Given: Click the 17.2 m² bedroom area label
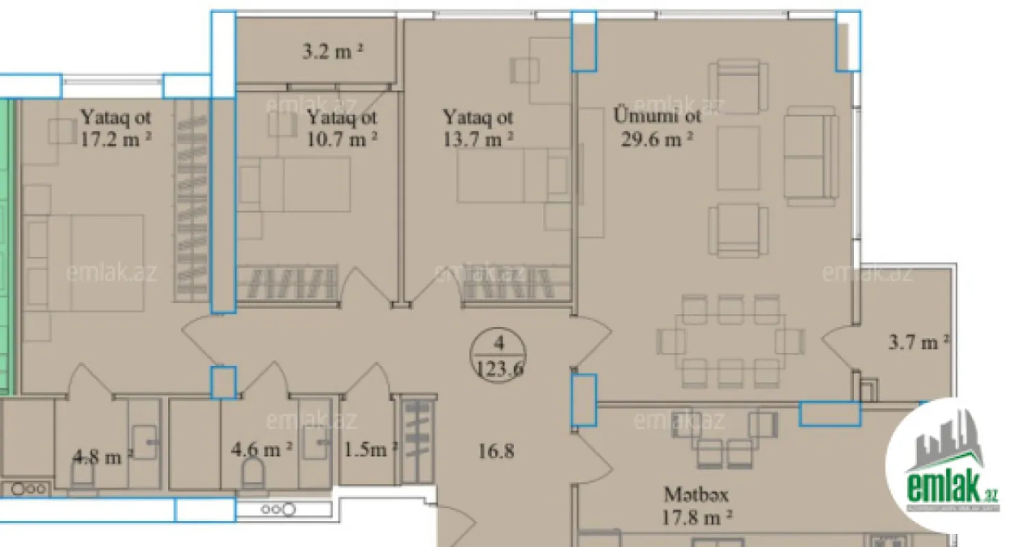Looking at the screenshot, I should tap(116, 139).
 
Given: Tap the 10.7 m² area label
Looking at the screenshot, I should tap(342, 139).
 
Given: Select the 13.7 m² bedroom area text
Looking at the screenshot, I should tap(478, 139).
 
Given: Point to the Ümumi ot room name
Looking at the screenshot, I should tap(657, 116).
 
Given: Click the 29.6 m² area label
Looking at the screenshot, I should tap(657, 139).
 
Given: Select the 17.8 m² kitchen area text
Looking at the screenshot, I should tap(697, 517).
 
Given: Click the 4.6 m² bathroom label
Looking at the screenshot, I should tap(263, 449).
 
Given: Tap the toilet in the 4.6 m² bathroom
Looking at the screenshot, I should tap(253, 472).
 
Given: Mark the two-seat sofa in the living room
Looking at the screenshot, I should tap(811, 156).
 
